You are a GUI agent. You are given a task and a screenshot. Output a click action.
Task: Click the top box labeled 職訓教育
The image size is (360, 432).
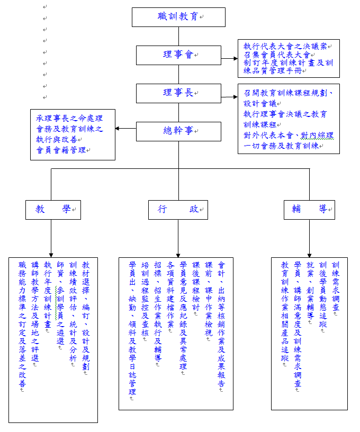click(x=178, y=17)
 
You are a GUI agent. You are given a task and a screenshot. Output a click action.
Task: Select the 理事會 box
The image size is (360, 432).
click(x=178, y=55)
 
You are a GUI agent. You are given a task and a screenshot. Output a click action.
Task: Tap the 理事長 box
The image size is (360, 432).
click(x=178, y=93)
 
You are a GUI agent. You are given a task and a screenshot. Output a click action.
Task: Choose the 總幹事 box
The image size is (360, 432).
click(x=178, y=131)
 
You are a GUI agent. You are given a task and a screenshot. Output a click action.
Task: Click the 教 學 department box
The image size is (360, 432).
click(x=53, y=210)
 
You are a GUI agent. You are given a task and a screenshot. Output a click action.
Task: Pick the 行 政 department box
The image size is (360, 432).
click(x=178, y=210)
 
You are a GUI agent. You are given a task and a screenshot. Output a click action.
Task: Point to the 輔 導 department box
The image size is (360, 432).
click(x=309, y=210)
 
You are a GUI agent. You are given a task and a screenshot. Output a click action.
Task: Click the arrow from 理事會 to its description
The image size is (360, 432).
click(x=229, y=58)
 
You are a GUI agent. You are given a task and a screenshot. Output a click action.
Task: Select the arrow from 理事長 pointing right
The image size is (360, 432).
click(x=229, y=97)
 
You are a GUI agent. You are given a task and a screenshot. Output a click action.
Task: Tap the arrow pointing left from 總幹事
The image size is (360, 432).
click(x=125, y=129)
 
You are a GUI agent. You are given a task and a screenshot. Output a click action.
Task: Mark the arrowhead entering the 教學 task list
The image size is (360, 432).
click(x=51, y=255)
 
